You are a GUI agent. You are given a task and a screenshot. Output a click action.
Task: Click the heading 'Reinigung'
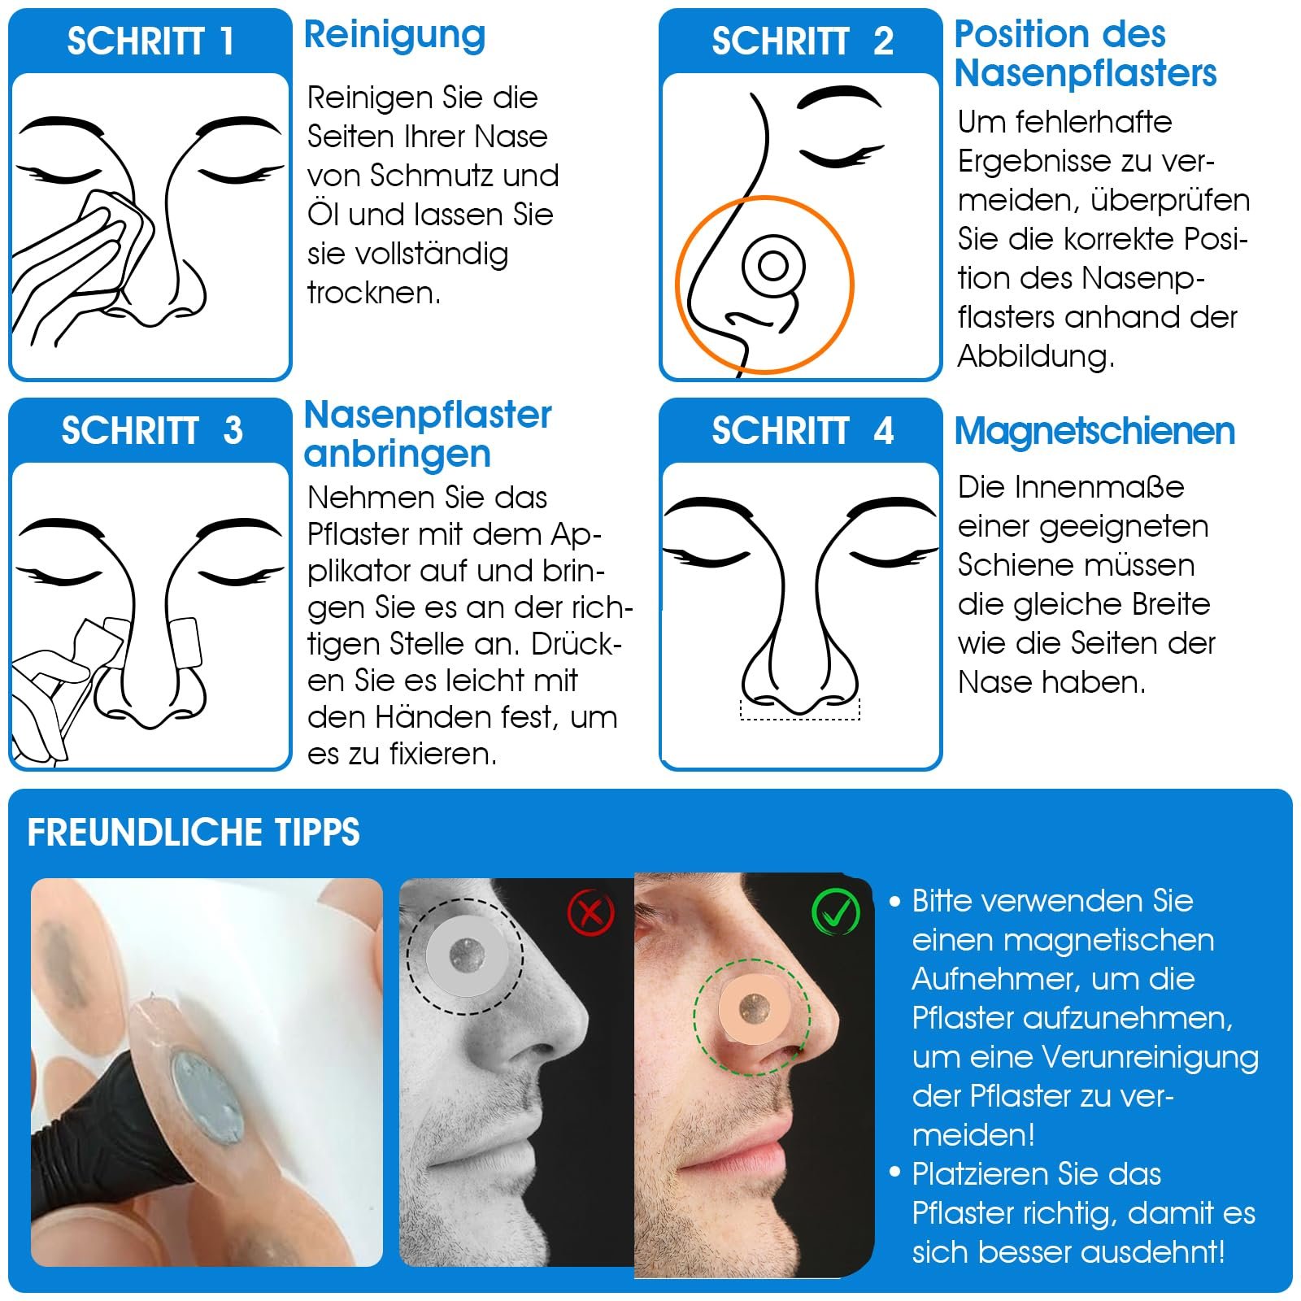tap(394, 37)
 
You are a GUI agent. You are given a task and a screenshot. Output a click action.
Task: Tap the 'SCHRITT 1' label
tap(150, 41)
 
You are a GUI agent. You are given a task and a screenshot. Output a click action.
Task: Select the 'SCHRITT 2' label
tap(803, 41)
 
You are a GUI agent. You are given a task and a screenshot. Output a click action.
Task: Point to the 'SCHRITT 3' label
tap(152, 431)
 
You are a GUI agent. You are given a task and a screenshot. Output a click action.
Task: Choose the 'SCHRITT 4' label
tap(803, 431)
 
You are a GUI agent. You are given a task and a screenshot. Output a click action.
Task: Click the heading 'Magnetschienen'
tap(1094, 431)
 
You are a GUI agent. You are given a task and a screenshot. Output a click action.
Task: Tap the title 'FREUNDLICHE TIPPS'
tap(194, 833)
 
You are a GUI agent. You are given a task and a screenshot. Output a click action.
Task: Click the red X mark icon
tap(590, 912)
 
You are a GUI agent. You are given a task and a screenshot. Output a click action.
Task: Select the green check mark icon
tap(836, 912)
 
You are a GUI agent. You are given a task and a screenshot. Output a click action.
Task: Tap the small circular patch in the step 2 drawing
tap(773, 266)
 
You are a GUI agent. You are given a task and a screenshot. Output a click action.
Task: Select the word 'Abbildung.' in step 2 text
tap(1036, 356)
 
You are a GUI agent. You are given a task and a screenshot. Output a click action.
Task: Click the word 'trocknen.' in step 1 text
tap(374, 293)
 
